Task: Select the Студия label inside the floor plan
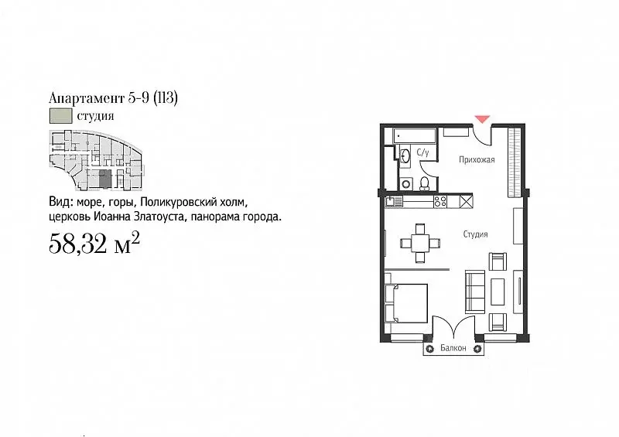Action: pyautogui.click(x=476, y=233)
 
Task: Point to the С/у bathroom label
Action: pyautogui.click(x=422, y=152)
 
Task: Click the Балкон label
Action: pyautogui.click(x=453, y=349)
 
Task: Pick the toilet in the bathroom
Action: pyautogui.click(x=425, y=183)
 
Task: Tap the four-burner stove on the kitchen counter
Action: pyautogui.click(x=439, y=202)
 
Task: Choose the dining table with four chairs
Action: pyautogui.click(x=419, y=242)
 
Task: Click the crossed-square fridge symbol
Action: pyautogui.click(x=465, y=202)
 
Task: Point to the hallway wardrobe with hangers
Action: pyautogui.click(x=512, y=163)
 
